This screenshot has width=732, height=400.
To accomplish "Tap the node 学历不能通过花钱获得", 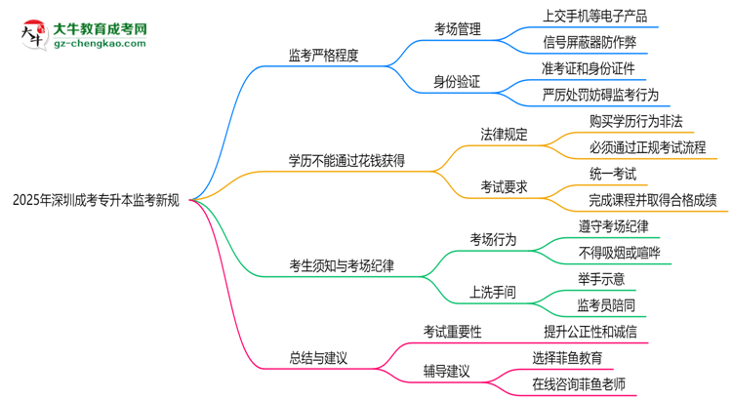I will (346, 160).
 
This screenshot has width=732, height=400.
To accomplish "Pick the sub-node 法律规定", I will (504, 134).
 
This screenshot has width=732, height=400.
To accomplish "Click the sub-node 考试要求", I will (504, 186).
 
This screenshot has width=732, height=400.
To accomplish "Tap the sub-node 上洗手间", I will (493, 291).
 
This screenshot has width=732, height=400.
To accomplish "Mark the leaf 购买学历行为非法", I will (635, 121).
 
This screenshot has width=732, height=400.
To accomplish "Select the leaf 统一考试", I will (613, 174).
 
